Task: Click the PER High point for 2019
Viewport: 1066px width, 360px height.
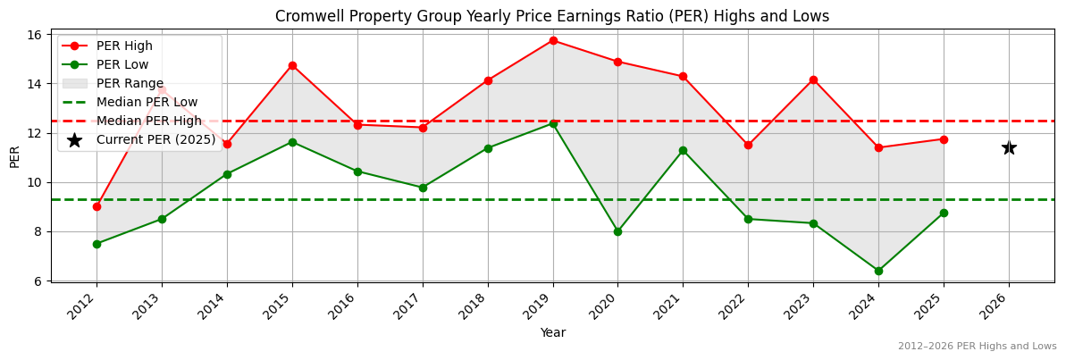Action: pyautogui.click(x=553, y=40)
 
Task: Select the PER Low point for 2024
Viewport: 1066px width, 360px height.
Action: pyautogui.click(x=878, y=271)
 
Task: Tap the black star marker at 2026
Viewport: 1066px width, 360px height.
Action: pyautogui.click(x=1009, y=147)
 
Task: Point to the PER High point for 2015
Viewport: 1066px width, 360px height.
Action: pyautogui.click(x=292, y=65)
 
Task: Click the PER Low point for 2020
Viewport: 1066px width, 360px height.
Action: pyautogui.click(x=617, y=231)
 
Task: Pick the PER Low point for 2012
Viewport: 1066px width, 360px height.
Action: pyautogui.click(x=97, y=244)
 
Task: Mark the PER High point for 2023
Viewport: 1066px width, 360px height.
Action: pyautogui.click(x=813, y=80)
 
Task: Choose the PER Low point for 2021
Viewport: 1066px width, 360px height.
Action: pyautogui.click(x=683, y=150)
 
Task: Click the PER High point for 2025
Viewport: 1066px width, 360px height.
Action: pyautogui.click(x=944, y=139)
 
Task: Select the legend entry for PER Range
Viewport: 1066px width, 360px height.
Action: pyautogui.click(x=130, y=83)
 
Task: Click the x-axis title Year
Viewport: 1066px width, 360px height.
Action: pyautogui.click(x=552, y=332)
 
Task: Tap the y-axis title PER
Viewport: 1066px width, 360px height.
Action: pyautogui.click(x=14, y=157)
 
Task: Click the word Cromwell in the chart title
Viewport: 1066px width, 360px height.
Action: pyautogui.click(x=306, y=16)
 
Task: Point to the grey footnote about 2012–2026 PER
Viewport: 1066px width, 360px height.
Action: pyautogui.click(x=977, y=347)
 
